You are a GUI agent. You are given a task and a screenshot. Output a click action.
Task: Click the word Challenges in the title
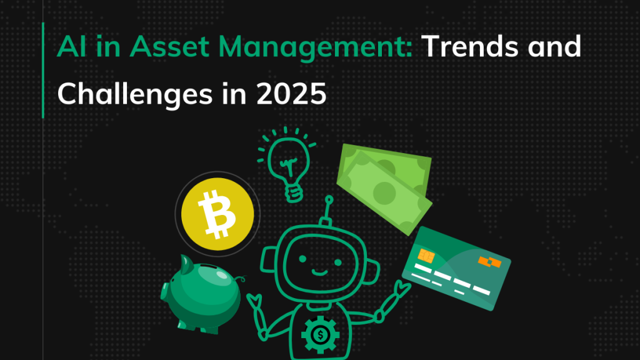pyautogui.click(x=135, y=94)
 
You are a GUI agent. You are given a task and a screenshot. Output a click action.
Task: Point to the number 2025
pyautogui.click(x=291, y=94)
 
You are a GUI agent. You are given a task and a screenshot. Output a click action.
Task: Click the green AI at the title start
pyautogui.click(x=72, y=46)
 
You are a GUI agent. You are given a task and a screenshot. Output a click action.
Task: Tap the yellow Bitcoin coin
pyautogui.click(x=217, y=214)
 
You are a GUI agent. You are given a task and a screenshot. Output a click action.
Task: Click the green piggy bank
pyautogui.click(x=202, y=293)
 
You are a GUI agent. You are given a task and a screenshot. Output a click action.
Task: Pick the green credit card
pyautogui.click(x=456, y=268)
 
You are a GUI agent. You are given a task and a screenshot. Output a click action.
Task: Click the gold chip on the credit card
pyautogui.click(x=426, y=256)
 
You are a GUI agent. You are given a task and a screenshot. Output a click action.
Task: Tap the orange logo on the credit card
pyautogui.click(x=490, y=262)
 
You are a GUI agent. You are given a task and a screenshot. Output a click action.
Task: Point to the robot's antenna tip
pyautogui.click(x=329, y=200)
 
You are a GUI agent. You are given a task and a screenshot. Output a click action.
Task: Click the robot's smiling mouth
pyautogui.click(x=319, y=272)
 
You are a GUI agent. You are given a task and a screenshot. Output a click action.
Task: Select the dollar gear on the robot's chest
pyautogui.click(x=321, y=335)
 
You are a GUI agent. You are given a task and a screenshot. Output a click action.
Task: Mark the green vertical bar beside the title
pyautogui.click(x=43, y=70)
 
